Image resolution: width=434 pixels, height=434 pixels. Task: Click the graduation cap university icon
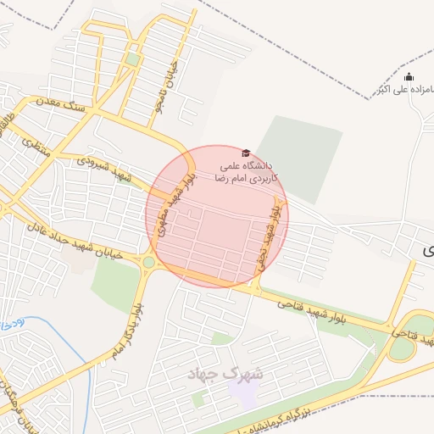tap(246, 153)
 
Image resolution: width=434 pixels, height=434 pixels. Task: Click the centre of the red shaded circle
tap(217, 216)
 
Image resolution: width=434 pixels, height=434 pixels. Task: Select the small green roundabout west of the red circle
tap(149, 262)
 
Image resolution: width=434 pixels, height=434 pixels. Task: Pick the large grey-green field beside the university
tap(298, 157)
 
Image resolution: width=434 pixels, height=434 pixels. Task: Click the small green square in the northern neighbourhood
tap(133, 59)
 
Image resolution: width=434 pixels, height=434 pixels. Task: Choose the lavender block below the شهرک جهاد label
tap(248, 395)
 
